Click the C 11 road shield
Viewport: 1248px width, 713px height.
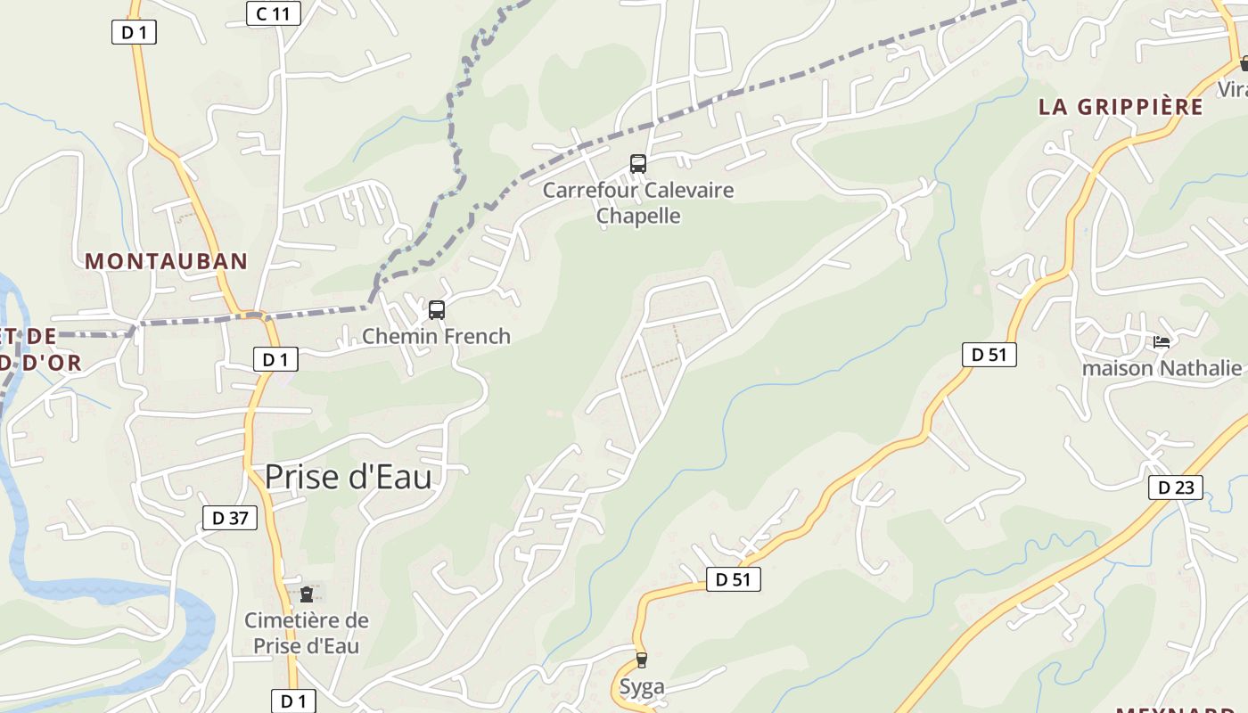point(274,13)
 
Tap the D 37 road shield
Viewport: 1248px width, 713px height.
point(230,518)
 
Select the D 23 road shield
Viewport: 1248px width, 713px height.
point(1176,488)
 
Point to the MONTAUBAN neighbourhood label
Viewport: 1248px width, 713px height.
point(167,261)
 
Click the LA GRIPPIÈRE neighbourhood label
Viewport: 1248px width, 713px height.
point(1121,107)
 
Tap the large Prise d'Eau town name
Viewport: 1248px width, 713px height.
point(349,477)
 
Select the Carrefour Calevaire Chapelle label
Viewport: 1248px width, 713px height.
point(638,203)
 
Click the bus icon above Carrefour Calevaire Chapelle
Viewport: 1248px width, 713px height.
point(638,163)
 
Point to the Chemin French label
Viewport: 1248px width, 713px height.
point(436,336)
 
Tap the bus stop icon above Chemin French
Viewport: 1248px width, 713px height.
point(437,310)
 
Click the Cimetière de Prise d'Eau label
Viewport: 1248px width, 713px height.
point(307,633)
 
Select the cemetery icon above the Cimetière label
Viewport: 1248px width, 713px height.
point(307,594)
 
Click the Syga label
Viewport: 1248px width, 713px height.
point(642,687)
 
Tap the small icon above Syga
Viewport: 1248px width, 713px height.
point(641,660)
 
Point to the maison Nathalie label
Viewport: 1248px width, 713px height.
point(1162,368)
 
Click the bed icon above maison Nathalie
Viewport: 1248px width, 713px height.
point(1161,341)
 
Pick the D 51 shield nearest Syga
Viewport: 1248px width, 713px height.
point(734,580)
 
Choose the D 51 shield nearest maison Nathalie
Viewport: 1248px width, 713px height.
point(989,355)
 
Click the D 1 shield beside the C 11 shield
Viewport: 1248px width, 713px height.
point(134,33)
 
